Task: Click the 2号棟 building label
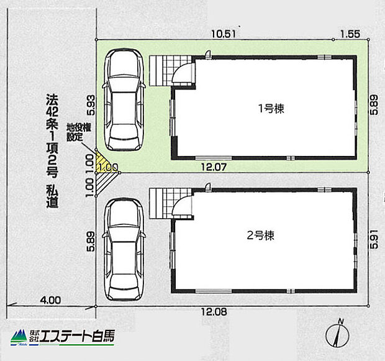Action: [x=261, y=235]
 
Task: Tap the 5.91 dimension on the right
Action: [x=373, y=239]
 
